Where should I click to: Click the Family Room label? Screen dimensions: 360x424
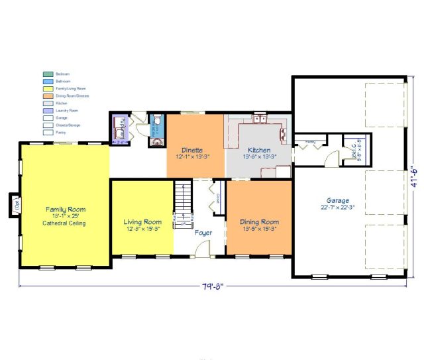coord(65,210)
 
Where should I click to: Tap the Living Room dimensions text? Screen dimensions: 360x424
coord(143,229)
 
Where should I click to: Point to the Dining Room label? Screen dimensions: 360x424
coord(259,222)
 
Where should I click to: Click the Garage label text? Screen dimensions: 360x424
coord(338,200)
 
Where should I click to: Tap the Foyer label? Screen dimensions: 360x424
coord(203,233)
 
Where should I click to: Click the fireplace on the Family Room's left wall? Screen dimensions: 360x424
coord(15,204)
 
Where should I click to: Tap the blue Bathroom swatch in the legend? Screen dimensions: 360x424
coord(48,81)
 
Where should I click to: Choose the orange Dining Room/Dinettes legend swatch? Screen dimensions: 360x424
coord(48,95)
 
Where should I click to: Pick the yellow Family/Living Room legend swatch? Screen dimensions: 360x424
coord(48,88)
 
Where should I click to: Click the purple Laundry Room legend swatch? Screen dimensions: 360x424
coord(48,110)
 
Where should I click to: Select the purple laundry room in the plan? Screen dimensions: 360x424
coord(120,129)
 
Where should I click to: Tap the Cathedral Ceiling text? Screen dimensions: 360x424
coord(65,223)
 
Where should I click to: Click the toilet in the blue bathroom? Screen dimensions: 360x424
coord(158,121)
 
